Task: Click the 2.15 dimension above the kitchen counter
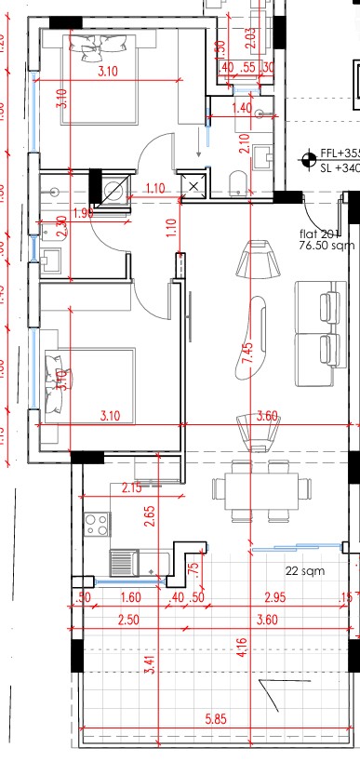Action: pos(132,487)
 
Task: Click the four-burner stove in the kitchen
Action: pos(96,526)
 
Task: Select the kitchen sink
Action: pos(124,562)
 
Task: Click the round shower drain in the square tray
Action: pos(114,191)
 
